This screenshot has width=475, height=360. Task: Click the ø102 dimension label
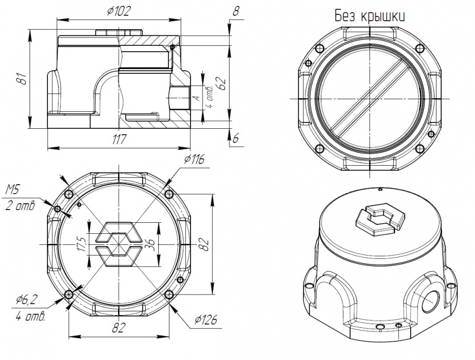click(x=119, y=11)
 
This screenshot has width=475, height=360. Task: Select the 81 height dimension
click(x=23, y=79)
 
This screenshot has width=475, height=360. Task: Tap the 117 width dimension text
click(x=119, y=139)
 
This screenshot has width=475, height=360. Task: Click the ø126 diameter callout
click(x=206, y=319)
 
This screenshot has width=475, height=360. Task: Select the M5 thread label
click(x=13, y=190)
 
